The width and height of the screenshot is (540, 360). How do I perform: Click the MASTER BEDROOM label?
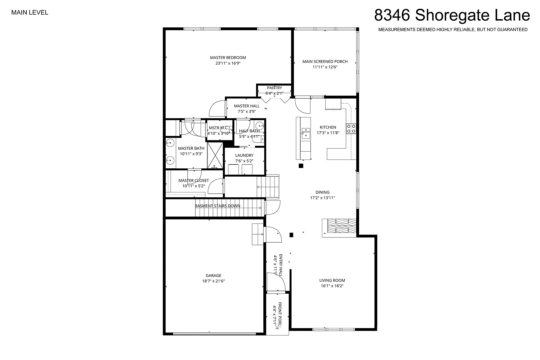pos(228,58)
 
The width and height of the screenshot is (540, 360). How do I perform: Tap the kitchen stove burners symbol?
pos(351,129)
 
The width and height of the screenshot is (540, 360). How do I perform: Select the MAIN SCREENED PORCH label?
pos(325,61)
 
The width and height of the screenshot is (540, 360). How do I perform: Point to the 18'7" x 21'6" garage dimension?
pos(213,281)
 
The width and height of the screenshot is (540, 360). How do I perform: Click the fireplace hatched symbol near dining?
pos(342,226)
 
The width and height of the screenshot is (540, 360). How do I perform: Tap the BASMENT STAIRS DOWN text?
pos(217,206)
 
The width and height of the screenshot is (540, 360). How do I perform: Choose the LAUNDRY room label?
pos(244,155)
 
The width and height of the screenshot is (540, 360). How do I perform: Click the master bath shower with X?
pos(215,155)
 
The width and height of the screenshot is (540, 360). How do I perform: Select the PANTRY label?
pos(274,88)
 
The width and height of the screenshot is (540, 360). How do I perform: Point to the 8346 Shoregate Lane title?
pos(452,15)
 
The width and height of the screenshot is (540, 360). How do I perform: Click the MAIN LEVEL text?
pos(30,13)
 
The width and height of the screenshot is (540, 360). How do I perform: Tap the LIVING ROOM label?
pos(332,280)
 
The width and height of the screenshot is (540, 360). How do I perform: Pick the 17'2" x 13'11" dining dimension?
pos(322,198)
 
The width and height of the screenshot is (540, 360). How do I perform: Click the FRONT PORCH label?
pos(280,316)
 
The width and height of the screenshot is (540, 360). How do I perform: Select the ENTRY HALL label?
pos(281,265)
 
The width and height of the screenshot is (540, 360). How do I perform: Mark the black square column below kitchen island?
pos(301,166)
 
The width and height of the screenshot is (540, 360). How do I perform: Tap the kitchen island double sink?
pos(306,133)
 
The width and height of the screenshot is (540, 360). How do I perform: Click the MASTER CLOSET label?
pos(194,180)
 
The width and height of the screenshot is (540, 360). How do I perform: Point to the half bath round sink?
pos(259,125)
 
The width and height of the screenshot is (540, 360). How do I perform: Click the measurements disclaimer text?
pos(453,30)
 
